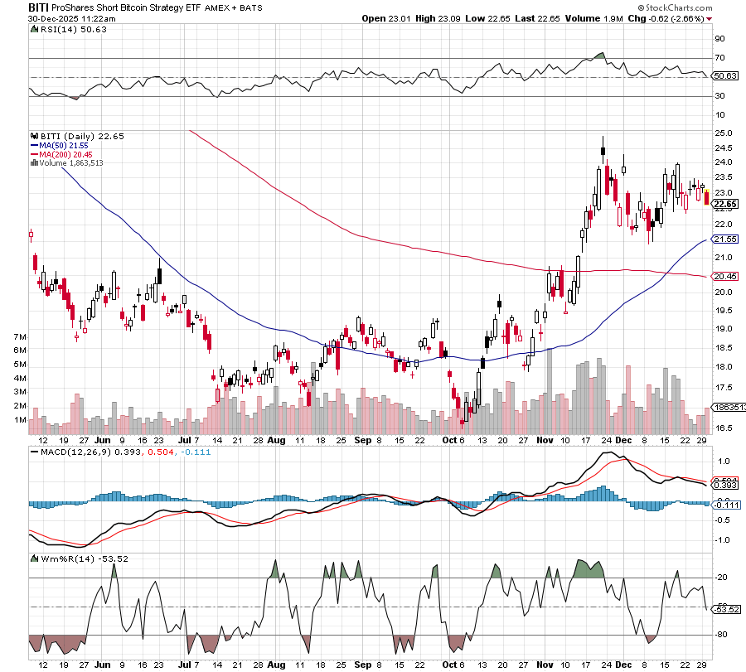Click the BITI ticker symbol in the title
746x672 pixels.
(15, 6)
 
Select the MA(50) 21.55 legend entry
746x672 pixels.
(57, 144)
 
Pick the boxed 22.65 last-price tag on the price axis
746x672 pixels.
(725, 204)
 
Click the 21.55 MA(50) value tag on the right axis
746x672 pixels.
(725, 239)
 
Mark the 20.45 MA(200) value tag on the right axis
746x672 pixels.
(725, 276)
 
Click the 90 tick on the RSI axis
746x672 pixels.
(720, 38)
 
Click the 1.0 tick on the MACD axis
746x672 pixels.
(721, 461)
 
